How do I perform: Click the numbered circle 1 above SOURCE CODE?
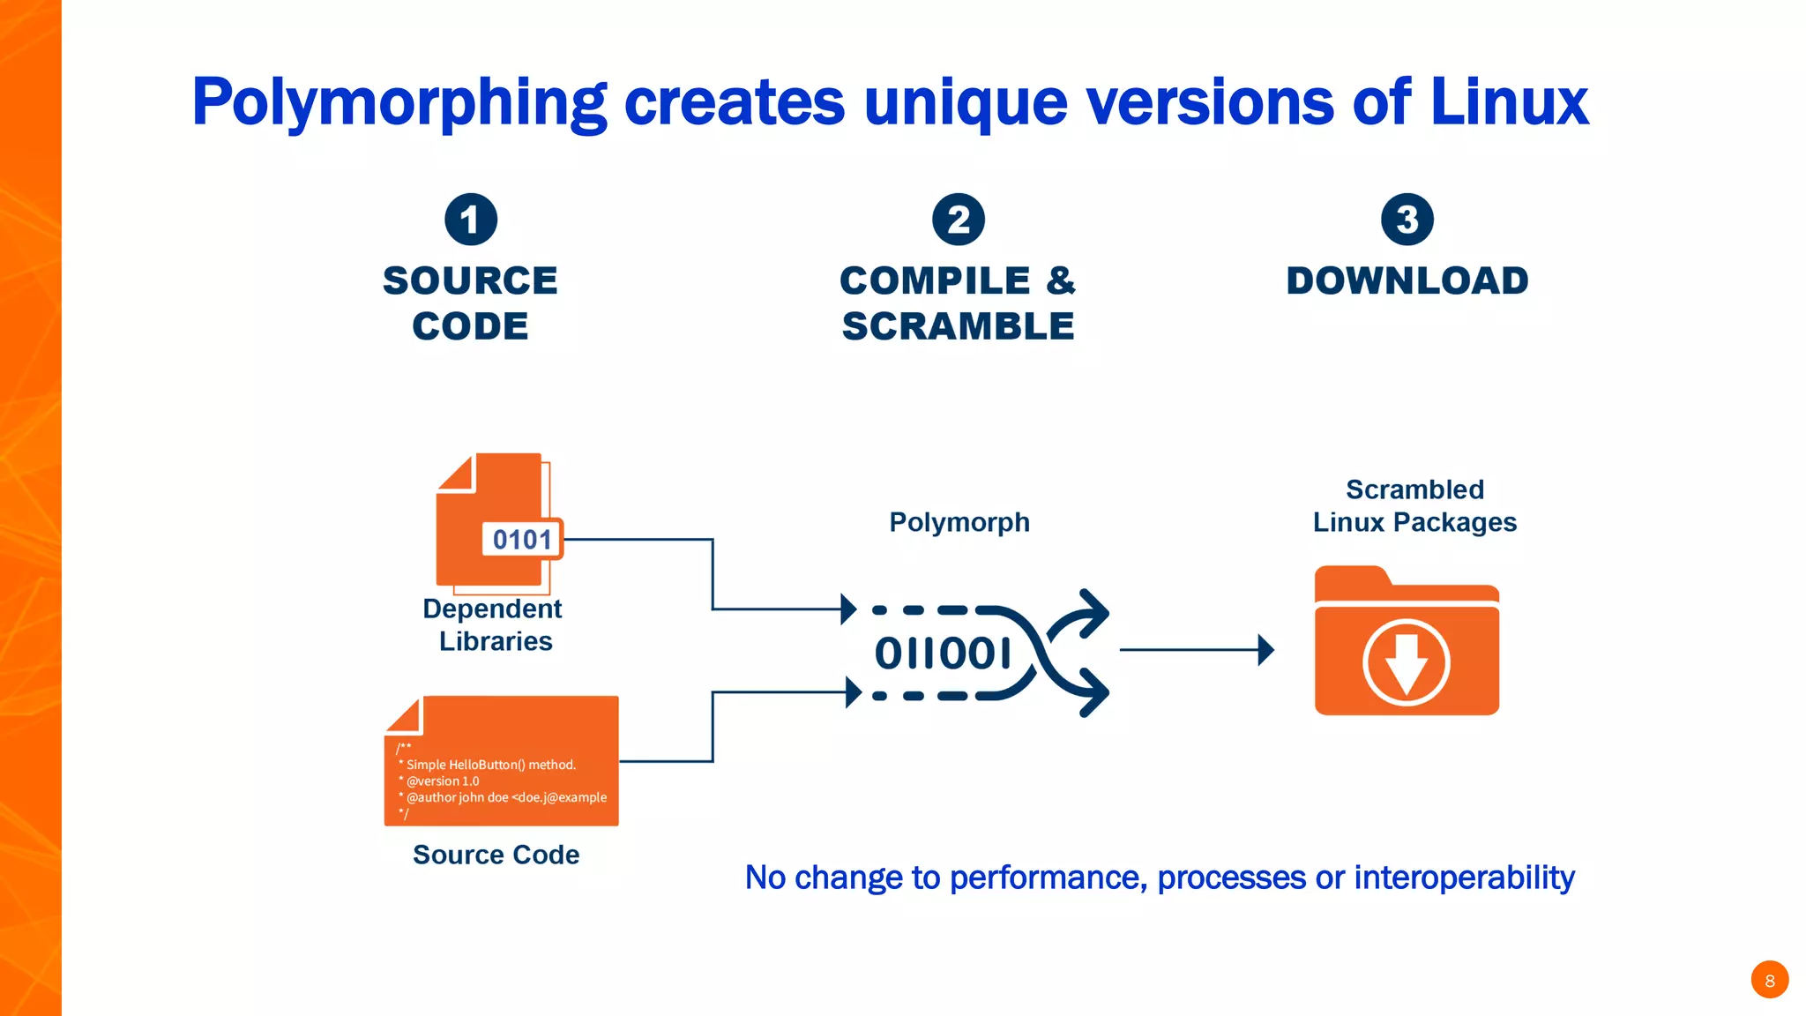point(471,220)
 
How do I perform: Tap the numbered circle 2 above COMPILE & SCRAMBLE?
point(959,220)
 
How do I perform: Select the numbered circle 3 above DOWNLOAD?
point(1407,220)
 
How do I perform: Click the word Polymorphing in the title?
point(399,103)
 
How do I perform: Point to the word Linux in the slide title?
point(1509,103)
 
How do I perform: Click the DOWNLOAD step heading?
point(1407,281)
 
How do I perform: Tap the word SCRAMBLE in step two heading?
point(959,327)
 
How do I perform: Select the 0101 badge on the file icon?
point(522,539)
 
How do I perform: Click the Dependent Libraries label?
point(494,624)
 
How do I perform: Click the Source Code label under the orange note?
point(496,855)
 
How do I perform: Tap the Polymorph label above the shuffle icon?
point(959,522)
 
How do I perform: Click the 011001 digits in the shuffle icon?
point(942,654)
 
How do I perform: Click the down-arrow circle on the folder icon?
point(1407,662)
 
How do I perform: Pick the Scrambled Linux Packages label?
point(1414,506)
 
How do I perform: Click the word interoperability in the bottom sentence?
point(1464,878)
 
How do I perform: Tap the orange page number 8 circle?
point(1769,980)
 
